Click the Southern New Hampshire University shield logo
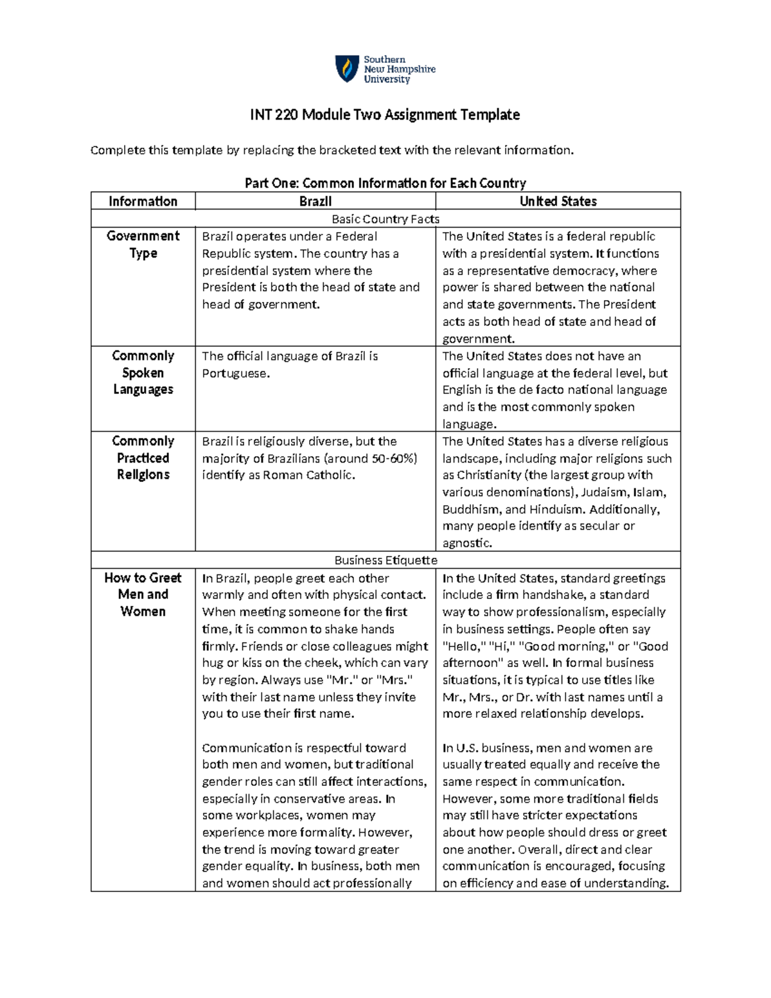pos(347,69)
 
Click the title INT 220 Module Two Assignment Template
pos(385,115)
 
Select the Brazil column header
pos(315,201)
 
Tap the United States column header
pos(558,201)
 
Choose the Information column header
pos(143,201)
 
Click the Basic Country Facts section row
pos(385,219)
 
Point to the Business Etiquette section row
pos(385,560)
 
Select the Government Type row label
pos(143,244)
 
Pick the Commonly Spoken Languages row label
pos(143,373)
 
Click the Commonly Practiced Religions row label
pos(143,458)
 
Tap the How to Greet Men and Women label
pos(143,594)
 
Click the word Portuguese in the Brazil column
pos(234,373)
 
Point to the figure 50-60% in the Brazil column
pos(393,459)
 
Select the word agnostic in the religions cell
pos(466,543)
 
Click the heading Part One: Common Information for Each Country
pos(385,183)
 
